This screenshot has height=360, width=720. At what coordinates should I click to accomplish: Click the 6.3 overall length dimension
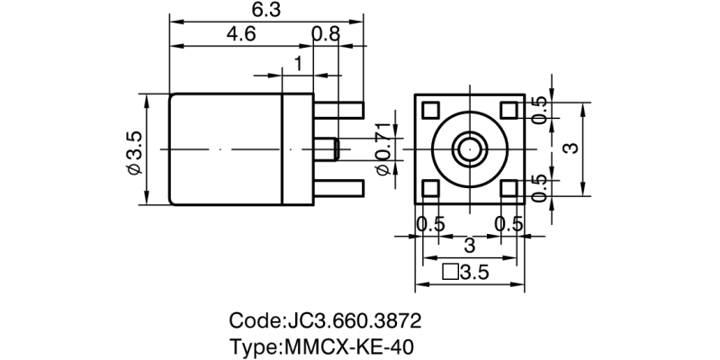[267, 10]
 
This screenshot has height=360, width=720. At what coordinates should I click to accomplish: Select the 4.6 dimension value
[240, 35]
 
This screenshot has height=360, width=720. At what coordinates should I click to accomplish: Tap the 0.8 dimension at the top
[326, 35]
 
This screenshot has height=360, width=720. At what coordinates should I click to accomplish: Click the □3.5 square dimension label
[465, 274]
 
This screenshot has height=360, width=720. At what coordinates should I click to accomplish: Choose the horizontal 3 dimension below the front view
[468, 246]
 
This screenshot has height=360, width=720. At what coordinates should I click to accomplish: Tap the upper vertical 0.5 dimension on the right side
[540, 109]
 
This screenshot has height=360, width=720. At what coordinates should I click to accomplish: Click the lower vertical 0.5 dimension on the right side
[540, 188]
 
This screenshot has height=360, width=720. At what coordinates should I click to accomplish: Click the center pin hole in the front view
[469, 148]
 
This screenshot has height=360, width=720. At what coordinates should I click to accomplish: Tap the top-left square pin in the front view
[430, 110]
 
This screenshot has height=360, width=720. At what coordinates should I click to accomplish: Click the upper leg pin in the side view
[339, 110]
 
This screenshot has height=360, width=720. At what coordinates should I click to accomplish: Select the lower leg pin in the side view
[339, 188]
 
